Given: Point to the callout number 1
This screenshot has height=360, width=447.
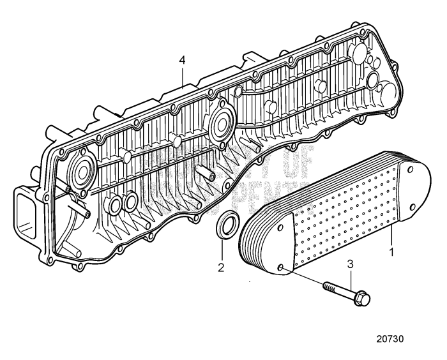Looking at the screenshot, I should point(390,252).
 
